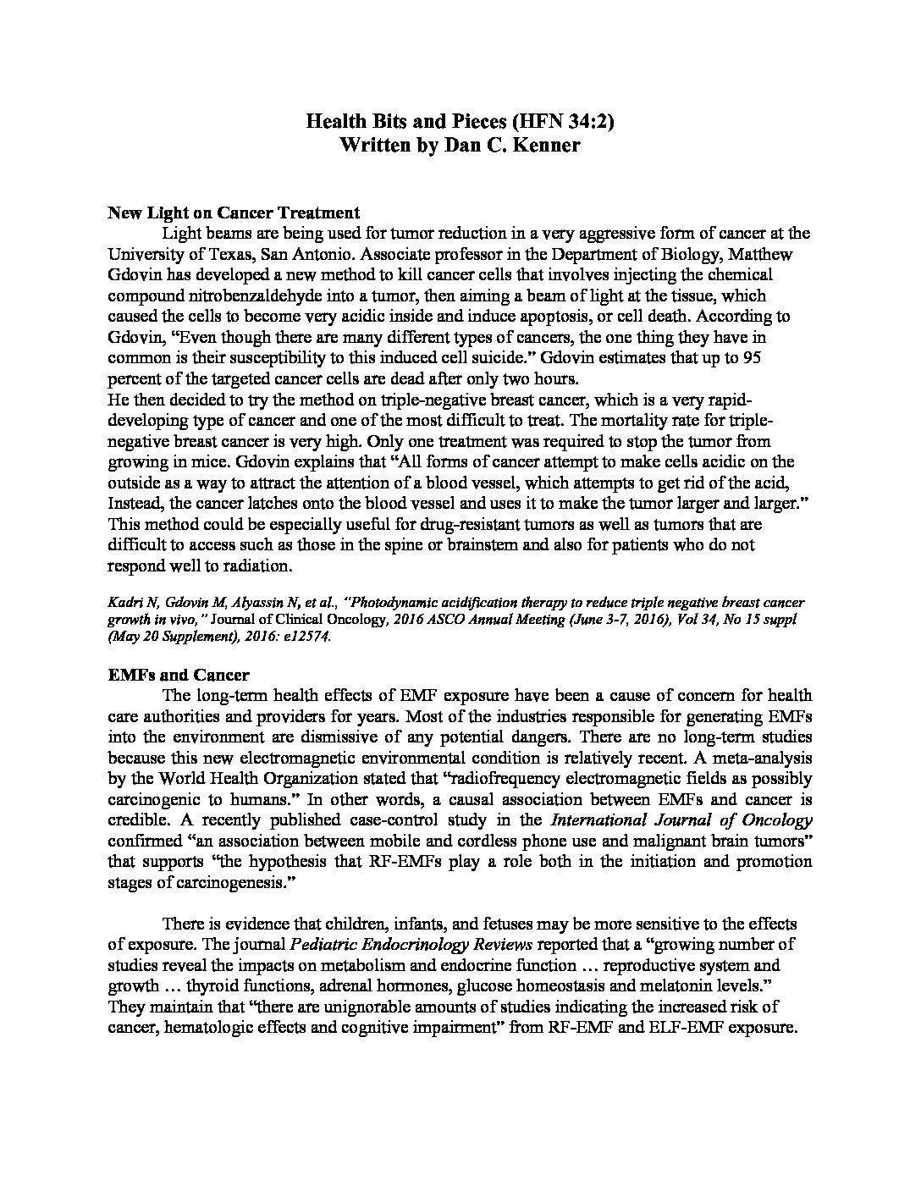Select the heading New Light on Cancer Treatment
tap(234, 213)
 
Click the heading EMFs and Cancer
tap(179, 675)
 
